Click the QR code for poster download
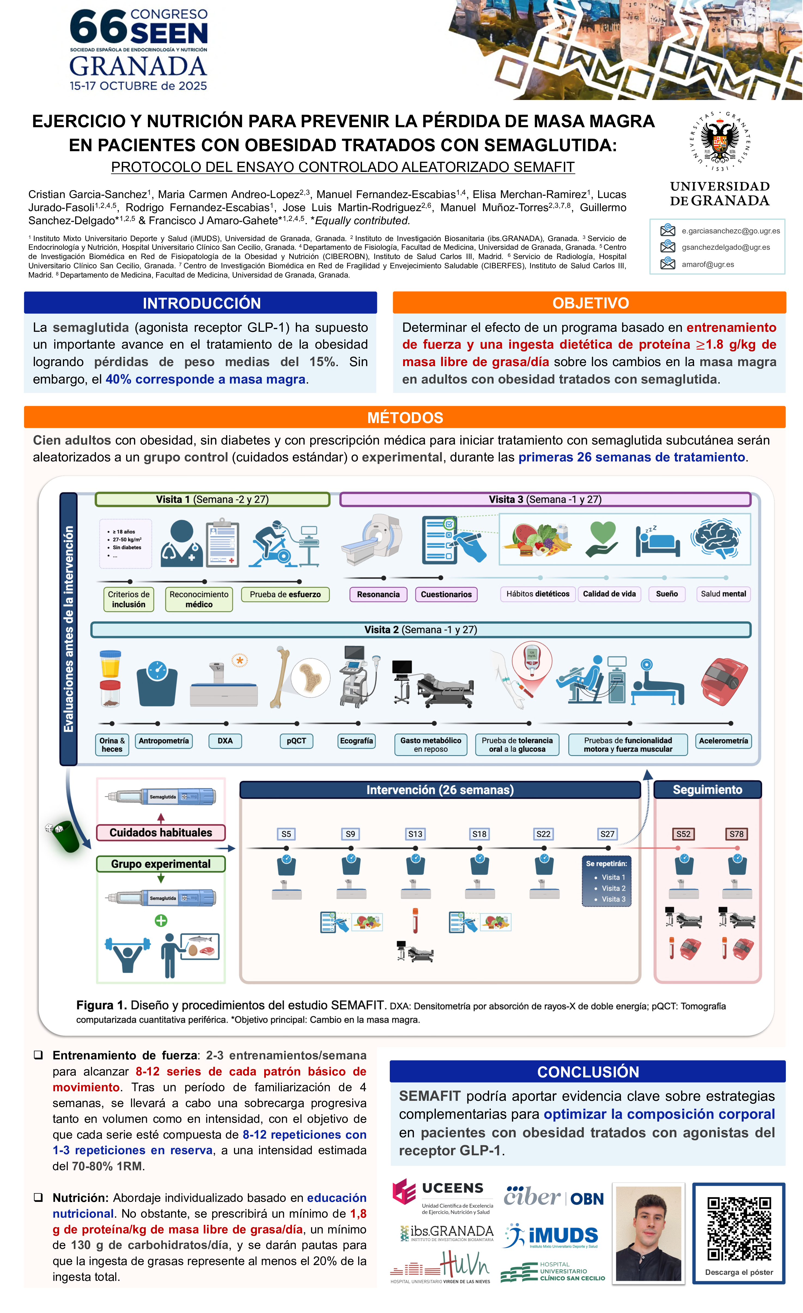(738, 1228)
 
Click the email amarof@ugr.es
(708, 264)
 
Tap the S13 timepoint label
(415, 834)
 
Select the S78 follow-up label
(736, 834)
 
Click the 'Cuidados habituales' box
(160, 832)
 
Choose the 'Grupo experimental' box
(160, 864)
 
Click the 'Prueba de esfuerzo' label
(285, 594)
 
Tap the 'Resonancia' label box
(378, 594)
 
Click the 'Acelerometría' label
(723, 741)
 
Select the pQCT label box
(296, 741)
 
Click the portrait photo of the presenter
(649, 1234)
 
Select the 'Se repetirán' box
(606, 881)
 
